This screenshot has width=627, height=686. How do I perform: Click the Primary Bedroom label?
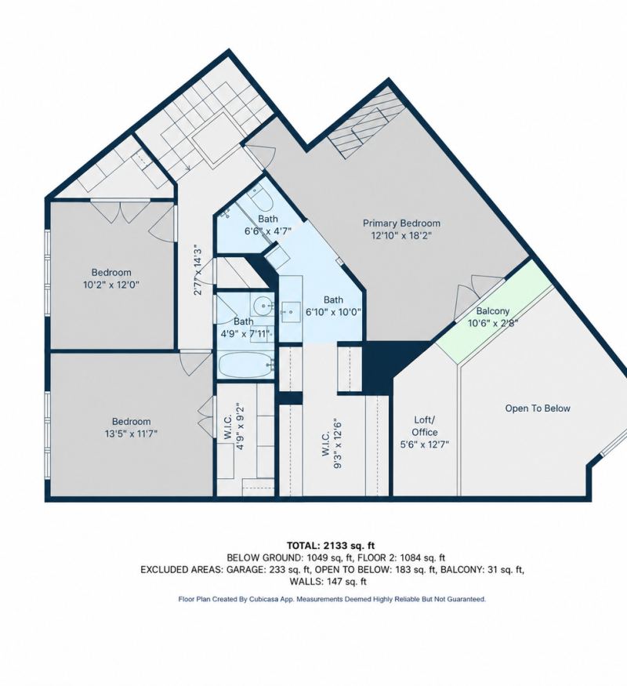[x=401, y=223]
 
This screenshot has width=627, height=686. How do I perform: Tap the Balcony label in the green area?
[x=493, y=311]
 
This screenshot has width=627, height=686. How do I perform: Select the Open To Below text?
[x=538, y=408]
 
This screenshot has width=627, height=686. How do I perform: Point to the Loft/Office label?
[x=425, y=426]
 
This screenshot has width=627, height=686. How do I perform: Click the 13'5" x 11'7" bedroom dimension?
[x=131, y=434]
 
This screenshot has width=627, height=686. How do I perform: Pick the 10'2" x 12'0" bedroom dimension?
[x=111, y=285]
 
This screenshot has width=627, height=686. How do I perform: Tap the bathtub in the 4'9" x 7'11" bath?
[x=247, y=365]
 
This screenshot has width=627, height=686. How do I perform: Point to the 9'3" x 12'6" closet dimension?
[x=337, y=443]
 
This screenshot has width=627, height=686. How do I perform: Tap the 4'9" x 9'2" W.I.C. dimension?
[x=239, y=427]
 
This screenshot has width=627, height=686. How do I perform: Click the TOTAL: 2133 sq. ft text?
[x=331, y=546]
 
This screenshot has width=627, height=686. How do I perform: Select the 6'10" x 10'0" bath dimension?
[x=333, y=312]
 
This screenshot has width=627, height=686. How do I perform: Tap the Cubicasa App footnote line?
[x=332, y=599]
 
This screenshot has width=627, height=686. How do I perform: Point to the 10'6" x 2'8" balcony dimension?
[x=493, y=323]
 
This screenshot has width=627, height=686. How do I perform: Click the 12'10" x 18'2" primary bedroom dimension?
[x=401, y=235]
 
